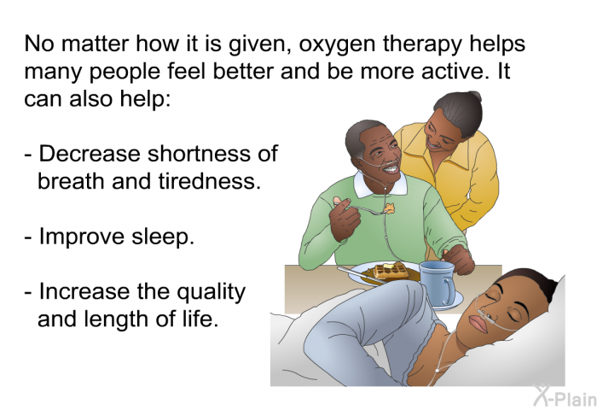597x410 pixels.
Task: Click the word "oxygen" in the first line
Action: [338, 45]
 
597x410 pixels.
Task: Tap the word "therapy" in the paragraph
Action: [423, 44]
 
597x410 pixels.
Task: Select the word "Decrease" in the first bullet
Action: [90, 154]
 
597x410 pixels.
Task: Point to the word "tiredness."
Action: [210, 181]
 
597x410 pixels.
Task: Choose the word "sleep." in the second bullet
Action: [163, 237]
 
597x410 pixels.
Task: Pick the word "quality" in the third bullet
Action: [211, 293]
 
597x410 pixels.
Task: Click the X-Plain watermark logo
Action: [565, 395]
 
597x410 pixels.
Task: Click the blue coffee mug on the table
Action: [438, 283]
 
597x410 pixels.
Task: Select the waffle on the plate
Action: [391, 271]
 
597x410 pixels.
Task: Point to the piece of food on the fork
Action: [389, 208]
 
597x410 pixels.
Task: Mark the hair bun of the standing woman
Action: [474, 97]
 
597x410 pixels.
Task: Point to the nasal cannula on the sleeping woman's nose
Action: [484, 313]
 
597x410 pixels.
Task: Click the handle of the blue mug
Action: [450, 290]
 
